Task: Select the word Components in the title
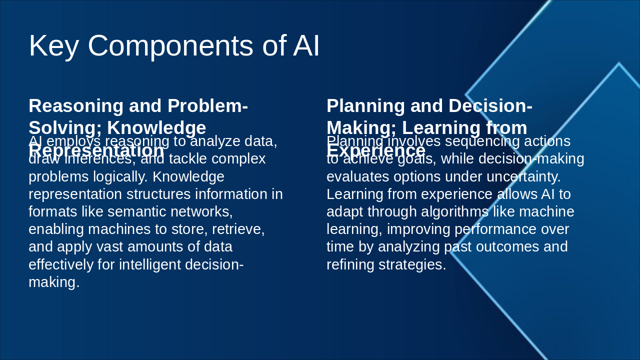click(x=170, y=46)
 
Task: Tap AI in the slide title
click(x=306, y=46)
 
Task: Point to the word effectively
click(x=61, y=264)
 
